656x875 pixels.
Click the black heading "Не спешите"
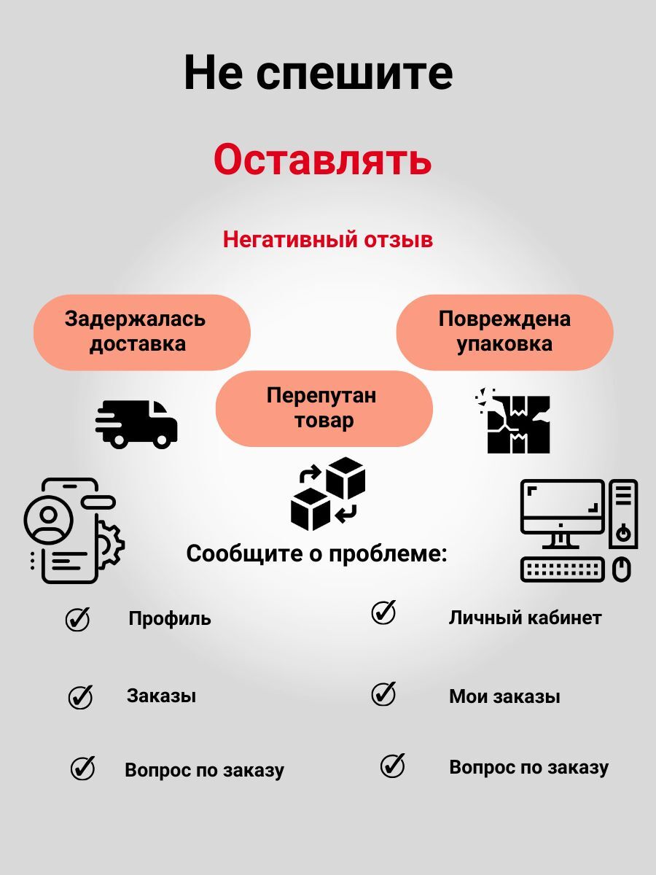pyautogui.click(x=319, y=72)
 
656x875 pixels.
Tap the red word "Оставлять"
pyautogui.click(x=323, y=160)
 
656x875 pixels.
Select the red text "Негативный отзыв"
pyautogui.click(x=327, y=239)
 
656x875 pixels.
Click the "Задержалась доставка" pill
pyautogui.click(x=142, y=332)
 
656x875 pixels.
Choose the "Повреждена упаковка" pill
pyautogui.click(x=504, y=332)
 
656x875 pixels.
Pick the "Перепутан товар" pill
pyautogui.click(x=324, y=408)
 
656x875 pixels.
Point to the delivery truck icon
pyautogui.click(x=137, y=424)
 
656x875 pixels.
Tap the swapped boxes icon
pyautogui.click(x=328, y=493)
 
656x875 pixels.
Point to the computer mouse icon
pyautogui.click(x=621, y=569)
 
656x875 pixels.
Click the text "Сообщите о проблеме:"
pyautogui.click(x=327, y=554)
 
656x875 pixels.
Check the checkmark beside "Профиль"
pyautogui.click(x=77, y=619)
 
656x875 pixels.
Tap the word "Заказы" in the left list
pyautogui.click(x=161, y=696)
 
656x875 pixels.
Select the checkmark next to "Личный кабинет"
pyautogui.click(x=383, y=612)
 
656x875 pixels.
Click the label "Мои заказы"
pyautogui.click(x=504, y=696)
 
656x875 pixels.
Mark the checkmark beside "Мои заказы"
pyautogui.click(x=383, y=693)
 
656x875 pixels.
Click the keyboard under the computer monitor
pyautogui.click(x=563, y=569)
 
